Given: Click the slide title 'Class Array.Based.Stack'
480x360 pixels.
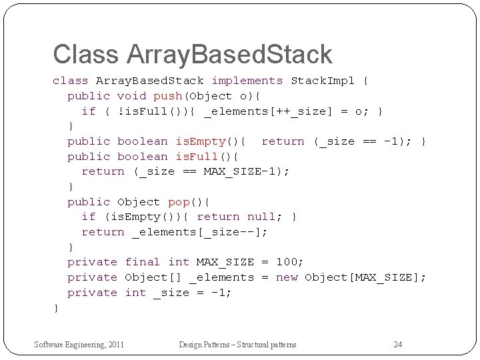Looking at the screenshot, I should click(192, 55).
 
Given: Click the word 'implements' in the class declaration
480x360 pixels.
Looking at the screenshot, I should click(247, 81).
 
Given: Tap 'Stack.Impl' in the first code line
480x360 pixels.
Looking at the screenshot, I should click(323, 81).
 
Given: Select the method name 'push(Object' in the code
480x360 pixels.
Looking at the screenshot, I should click(192, 96).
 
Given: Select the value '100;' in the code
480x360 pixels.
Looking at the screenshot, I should click(289, 262).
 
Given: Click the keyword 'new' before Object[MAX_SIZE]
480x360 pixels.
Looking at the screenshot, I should click(287, 277).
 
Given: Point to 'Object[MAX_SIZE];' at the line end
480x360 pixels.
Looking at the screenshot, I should click(365, 277).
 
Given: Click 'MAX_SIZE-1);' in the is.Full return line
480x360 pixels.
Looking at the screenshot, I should click(247, 171).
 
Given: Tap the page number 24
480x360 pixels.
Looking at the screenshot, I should click(398, 344).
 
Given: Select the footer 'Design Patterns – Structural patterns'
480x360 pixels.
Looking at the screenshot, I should click(237, 344).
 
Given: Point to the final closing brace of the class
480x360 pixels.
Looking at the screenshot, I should click(56, 307).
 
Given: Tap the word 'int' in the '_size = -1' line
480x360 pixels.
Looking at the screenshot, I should click(135, 293).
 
